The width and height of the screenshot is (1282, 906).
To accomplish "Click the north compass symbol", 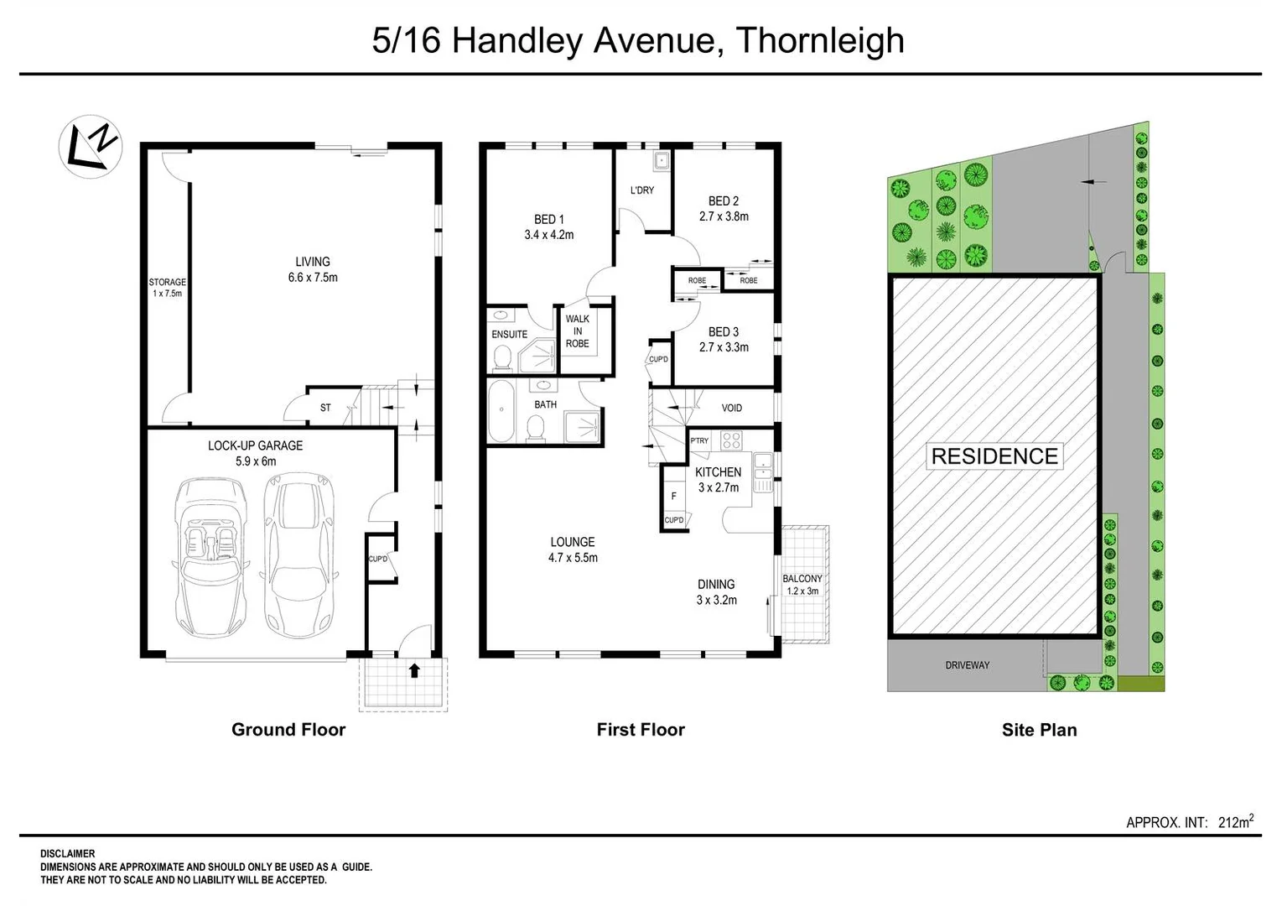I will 91,146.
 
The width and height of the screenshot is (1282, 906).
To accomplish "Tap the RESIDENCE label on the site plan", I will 994,456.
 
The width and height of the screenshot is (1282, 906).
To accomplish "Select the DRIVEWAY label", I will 967,665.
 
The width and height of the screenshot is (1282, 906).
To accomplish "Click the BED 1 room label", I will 549,220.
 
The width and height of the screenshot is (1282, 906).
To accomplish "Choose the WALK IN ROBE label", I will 577,331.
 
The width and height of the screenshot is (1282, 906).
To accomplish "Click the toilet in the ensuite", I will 503,359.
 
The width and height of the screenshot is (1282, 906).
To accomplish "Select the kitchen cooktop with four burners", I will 731,440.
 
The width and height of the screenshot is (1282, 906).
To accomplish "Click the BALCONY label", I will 802,579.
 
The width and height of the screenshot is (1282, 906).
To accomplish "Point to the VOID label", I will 732,409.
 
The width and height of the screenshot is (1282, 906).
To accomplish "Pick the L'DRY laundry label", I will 642,190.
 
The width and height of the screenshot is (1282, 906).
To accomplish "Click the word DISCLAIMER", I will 68,854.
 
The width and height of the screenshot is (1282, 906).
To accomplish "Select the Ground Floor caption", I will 288,730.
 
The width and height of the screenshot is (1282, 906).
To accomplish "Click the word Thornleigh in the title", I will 820,40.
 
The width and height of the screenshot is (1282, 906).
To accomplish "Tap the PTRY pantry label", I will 699,441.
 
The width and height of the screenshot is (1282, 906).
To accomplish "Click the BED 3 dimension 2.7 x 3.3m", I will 724,347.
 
